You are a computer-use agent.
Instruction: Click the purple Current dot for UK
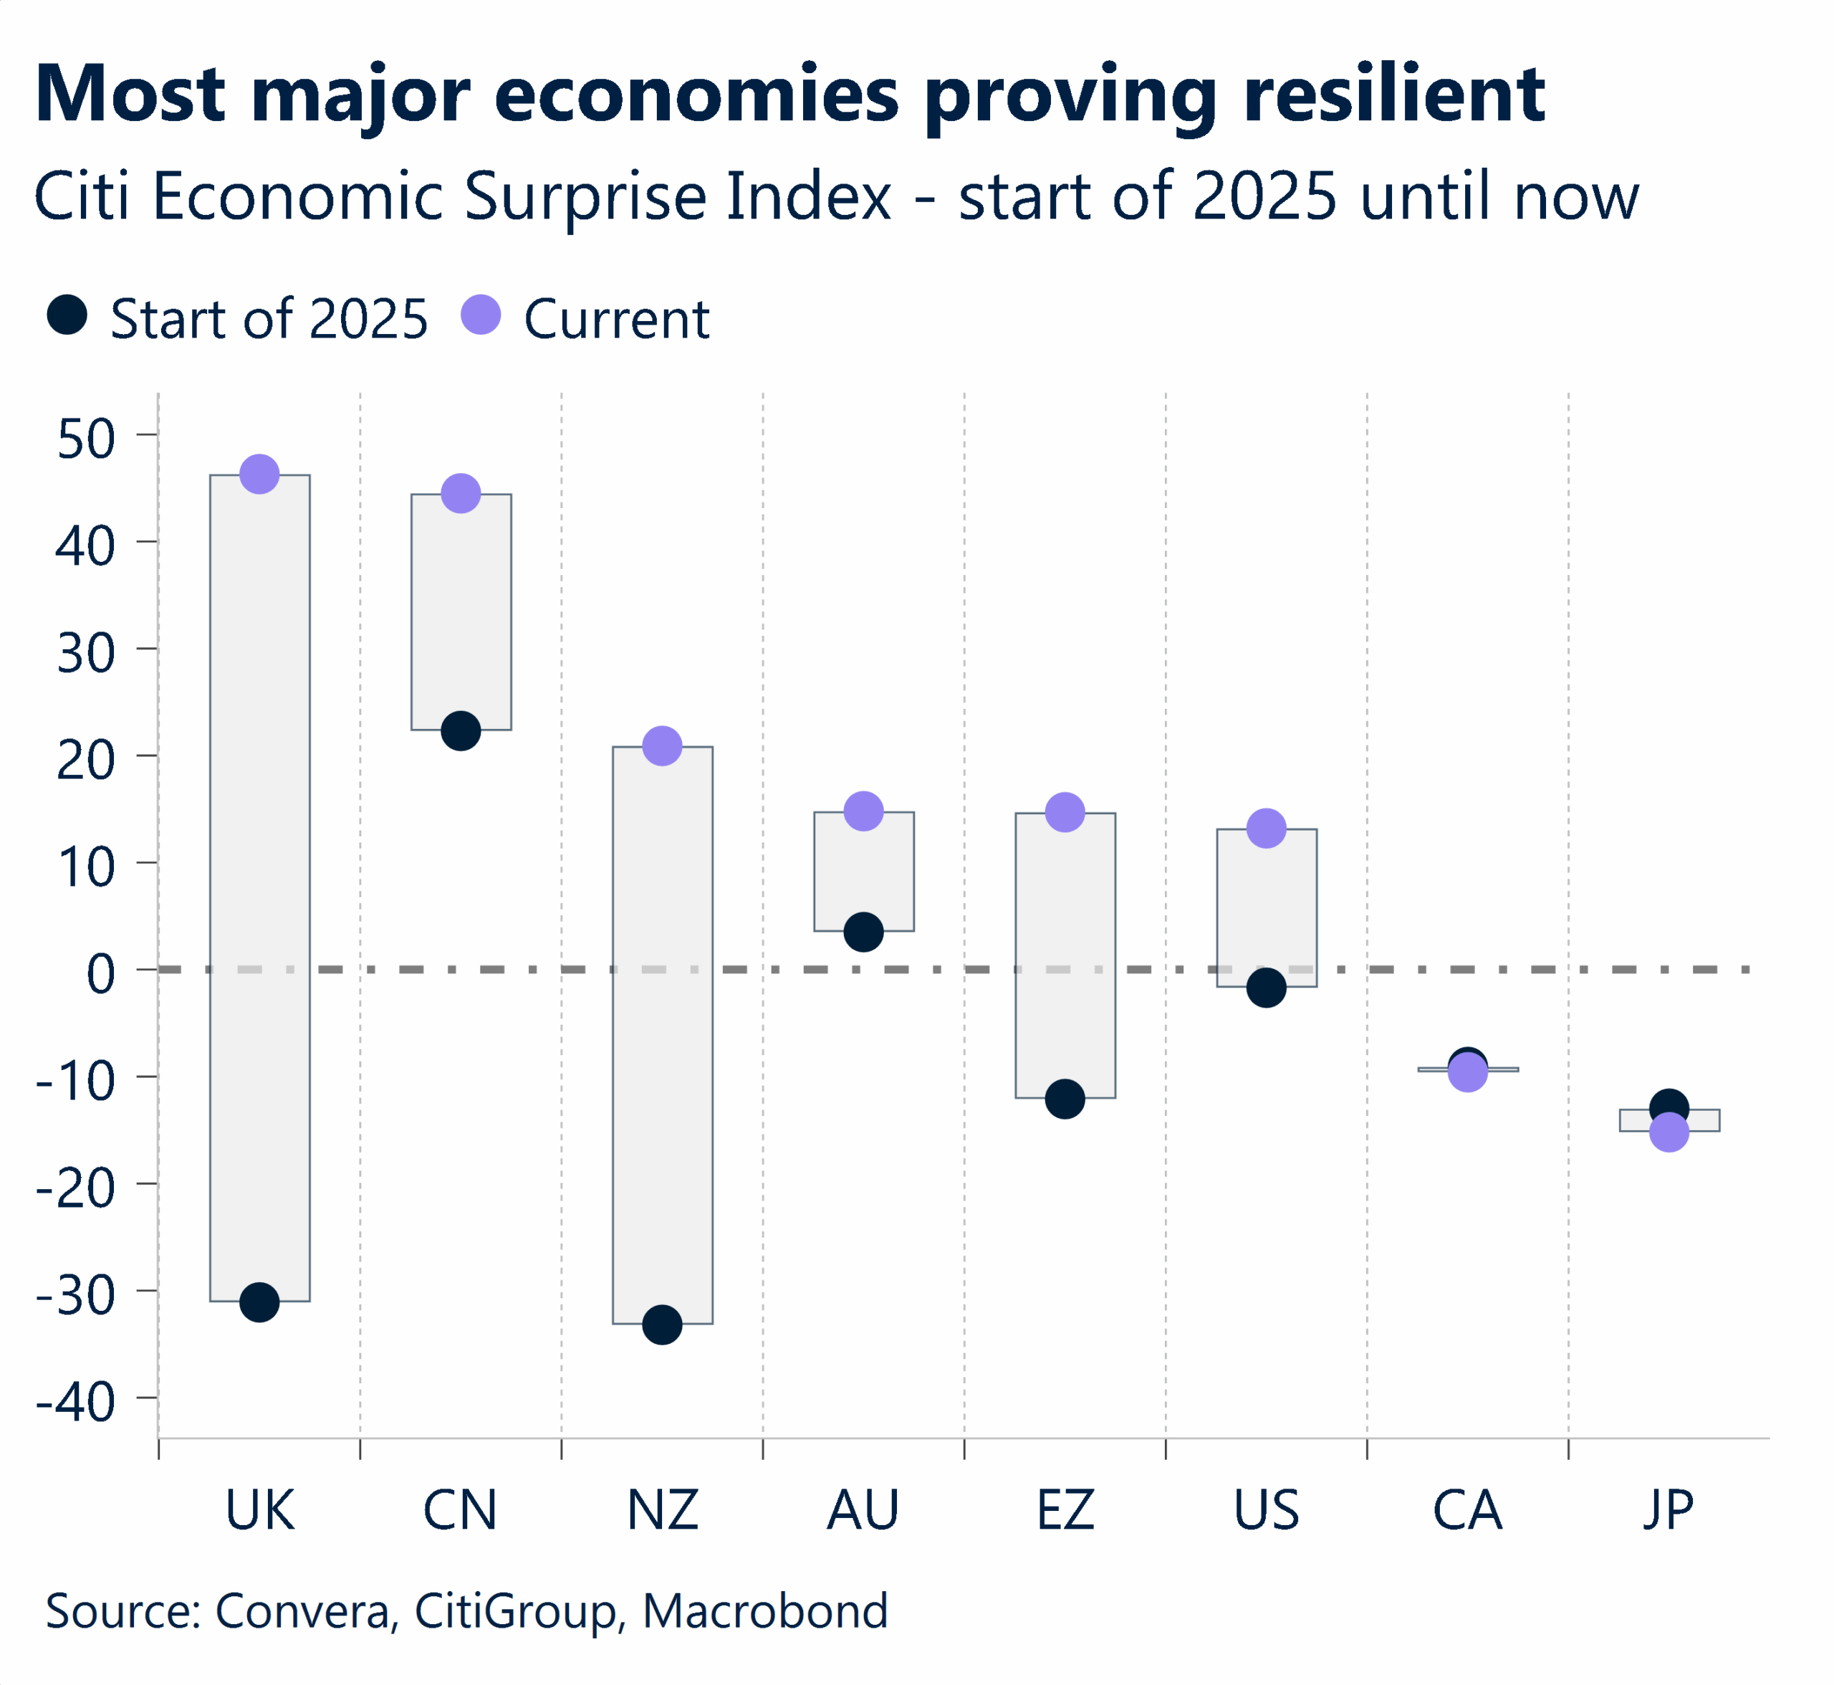coord(260,474)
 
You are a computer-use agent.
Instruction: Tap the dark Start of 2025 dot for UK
coord(260,1302)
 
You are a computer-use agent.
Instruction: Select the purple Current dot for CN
coord(461,493)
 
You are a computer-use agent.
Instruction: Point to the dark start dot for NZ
coord(663,1324)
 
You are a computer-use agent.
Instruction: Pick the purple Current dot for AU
coord(864,811)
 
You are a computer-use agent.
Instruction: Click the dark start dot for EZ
coord(1065,1099)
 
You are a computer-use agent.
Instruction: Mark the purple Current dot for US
coord(1267,828)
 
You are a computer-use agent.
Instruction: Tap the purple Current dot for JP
coord(1670,1133)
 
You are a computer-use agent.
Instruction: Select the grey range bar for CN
coord(461,611)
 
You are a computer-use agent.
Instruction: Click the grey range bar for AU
coord(864,871)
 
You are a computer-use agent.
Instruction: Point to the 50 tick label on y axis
coord(86,439)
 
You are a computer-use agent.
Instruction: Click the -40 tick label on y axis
coord(76,1401)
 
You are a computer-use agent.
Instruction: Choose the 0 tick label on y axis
coord(101,974)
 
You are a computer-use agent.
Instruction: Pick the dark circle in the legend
coord(67,315)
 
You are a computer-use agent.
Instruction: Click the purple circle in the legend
coord(481,315)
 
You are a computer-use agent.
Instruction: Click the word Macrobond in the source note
coord(765,1610)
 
